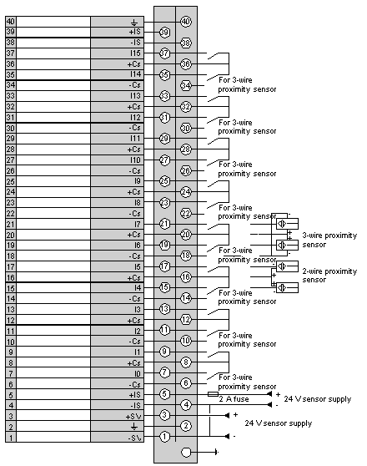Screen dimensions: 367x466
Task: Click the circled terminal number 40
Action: point(186,22)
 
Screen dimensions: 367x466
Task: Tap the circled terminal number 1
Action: point(165,437)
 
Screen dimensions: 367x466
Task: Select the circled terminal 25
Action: point(165,181)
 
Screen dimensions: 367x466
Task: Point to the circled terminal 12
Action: point(186,320)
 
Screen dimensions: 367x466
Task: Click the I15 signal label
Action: point(135,53)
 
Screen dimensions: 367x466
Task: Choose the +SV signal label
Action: point(133,417)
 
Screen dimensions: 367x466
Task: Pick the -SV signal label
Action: point(135,438)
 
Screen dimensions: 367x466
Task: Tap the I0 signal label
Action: point(137,373)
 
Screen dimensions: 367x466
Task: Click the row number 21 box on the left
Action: point(11,224)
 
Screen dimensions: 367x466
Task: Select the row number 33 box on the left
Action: point(11,96)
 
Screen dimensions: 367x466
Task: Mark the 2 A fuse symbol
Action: point(213,394)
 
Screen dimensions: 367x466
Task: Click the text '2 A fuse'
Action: point(234,399)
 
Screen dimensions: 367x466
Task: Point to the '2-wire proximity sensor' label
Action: point(329,276)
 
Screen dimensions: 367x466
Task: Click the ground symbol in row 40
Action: point(134,23)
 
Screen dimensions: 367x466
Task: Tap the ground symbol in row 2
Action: point(134,427)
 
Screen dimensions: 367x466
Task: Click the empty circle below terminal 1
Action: point(186,453)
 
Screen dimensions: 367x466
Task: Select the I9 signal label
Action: point(138,181)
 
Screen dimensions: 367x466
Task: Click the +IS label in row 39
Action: point(135,32)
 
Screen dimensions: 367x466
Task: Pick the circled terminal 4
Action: point(186,405)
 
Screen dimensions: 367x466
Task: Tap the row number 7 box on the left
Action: point(11,373)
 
